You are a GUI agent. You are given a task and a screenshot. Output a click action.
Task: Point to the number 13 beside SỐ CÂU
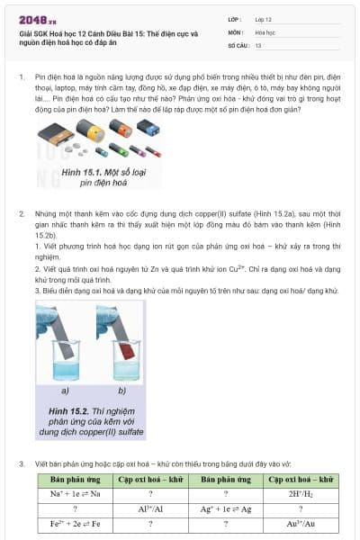(x=259, y=44)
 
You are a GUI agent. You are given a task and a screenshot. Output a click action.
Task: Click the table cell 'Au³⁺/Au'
(x=302, y=523)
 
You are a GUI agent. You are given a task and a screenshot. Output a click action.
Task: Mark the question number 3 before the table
(x=22, y=464)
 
